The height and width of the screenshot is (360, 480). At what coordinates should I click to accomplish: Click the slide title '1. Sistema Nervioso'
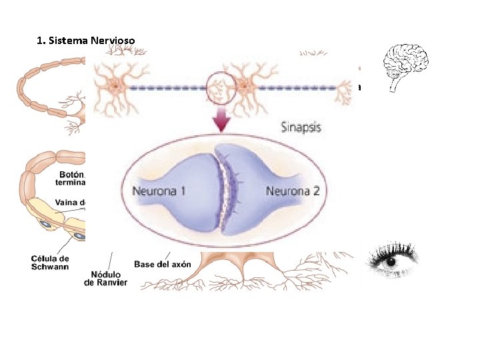[x=86, y=41]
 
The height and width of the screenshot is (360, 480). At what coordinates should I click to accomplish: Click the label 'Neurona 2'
[x=293, y=191]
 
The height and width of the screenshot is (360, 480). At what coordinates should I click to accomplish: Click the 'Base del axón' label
[x=162, y=264]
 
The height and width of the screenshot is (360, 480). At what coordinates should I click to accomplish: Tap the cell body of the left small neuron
[x=117, y=86]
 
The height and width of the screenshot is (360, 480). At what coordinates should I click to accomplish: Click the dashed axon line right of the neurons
[x=300, y=86]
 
